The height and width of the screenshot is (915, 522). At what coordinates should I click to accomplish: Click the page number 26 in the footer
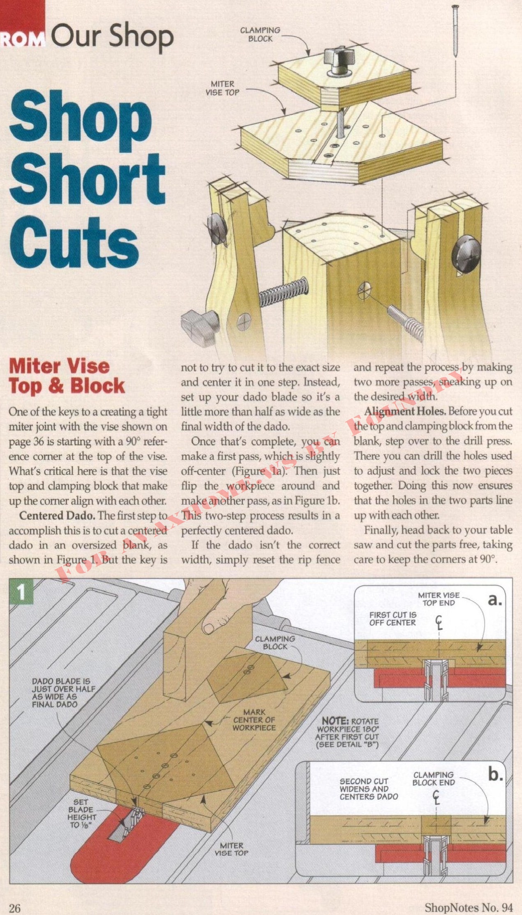pyautogui.click(x=14, y=908)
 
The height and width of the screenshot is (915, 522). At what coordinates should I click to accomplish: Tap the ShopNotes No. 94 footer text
pyautogui.click(x=469, y=907)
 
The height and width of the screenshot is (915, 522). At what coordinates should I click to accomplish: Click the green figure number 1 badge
pyautogui.click(x=21, y=592)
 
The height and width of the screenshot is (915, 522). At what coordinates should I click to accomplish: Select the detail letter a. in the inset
pyautogui.click(x=495, y=600)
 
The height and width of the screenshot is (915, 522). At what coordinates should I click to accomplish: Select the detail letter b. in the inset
pyautogui.click(x=495, y=774)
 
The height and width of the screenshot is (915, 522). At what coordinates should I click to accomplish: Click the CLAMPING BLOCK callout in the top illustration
pyautogui.click(x=260, y=35)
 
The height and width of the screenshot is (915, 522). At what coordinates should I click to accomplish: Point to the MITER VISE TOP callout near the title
pyautogui.click(x=222, y=88)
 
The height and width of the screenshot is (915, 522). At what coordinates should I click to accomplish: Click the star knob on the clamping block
pyautogui.click(x=337, y=58)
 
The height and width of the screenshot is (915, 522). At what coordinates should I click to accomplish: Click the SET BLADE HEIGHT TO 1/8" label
pyautogui.click(x=82, y=813)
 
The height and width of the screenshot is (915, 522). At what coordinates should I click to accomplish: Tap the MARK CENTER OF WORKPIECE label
pyautogui.click(x=254, y=720)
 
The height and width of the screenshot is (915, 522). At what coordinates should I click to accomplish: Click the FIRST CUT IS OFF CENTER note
pyautogui.click(x=393, y=619)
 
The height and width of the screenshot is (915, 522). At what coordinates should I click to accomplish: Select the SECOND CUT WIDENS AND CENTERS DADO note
pyautogui.click(x=369, y=789)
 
